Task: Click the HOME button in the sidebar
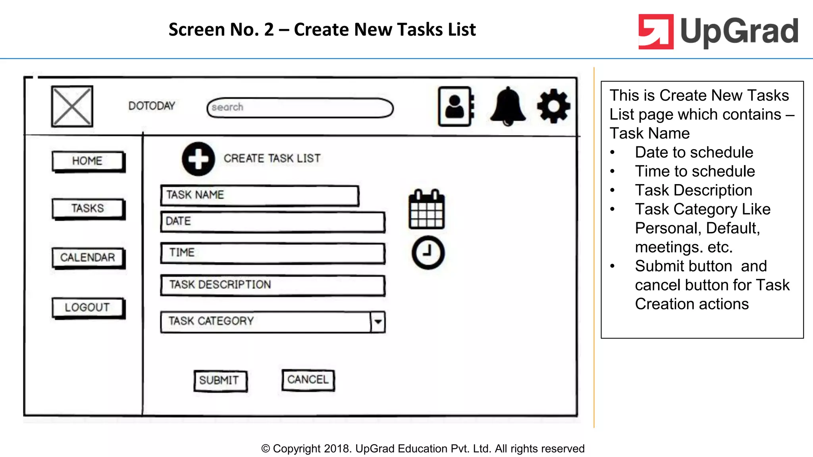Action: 88,161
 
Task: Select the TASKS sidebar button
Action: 88,208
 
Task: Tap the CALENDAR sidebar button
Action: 88,257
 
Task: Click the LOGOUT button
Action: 88,307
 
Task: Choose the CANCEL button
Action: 308,380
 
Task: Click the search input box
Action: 300,108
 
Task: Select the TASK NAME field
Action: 260,195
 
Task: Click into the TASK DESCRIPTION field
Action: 273,285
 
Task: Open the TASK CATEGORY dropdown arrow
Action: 378,321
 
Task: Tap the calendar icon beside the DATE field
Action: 426,209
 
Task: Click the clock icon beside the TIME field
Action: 428,252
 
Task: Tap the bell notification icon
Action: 508,106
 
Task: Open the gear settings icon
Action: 553,106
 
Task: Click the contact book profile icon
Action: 456,106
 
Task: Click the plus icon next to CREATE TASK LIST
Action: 198,159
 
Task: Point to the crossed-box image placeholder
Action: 72,106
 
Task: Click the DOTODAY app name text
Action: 152,106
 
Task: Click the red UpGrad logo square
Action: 656,32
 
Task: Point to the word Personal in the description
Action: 667,228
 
